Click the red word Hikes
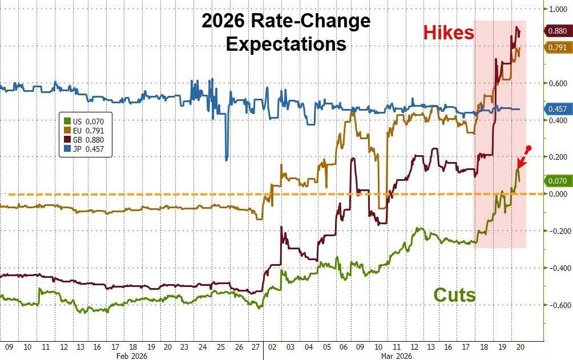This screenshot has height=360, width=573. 449,33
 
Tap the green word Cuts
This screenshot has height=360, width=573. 454,295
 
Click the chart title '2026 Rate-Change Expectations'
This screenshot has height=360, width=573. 286,33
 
